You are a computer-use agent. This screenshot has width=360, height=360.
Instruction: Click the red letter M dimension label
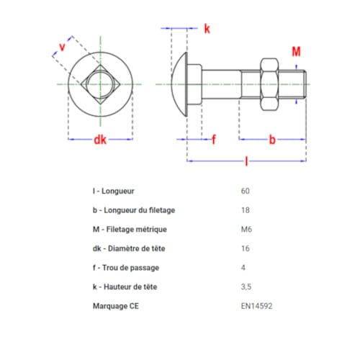pos(296,51)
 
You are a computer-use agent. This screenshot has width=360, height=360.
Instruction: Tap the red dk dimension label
pos(100,140)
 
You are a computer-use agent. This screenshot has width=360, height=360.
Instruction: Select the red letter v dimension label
pos(62,47)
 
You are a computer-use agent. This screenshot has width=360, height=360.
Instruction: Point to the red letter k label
pos(207,29)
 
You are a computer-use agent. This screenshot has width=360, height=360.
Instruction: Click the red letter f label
pos(214,139)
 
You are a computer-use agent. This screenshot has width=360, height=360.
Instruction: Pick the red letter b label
pos(272,139)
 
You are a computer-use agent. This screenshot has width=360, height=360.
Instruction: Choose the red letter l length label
pos(246,163)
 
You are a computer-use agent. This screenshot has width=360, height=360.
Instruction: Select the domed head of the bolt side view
pos(181,84)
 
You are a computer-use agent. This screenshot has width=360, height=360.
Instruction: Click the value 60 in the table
pos(246,192)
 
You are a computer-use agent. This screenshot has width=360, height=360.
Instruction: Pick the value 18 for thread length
pos(246,210)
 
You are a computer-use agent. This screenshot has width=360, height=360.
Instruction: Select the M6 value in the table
pos(247,230)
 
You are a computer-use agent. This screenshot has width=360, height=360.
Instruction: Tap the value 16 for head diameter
pos(246,248)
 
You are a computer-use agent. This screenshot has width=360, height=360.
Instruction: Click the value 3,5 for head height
pos(247,287)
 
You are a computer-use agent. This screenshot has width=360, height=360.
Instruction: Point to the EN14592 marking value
pos(257,305)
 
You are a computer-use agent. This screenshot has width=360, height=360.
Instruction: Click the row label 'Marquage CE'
pos(117,305)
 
